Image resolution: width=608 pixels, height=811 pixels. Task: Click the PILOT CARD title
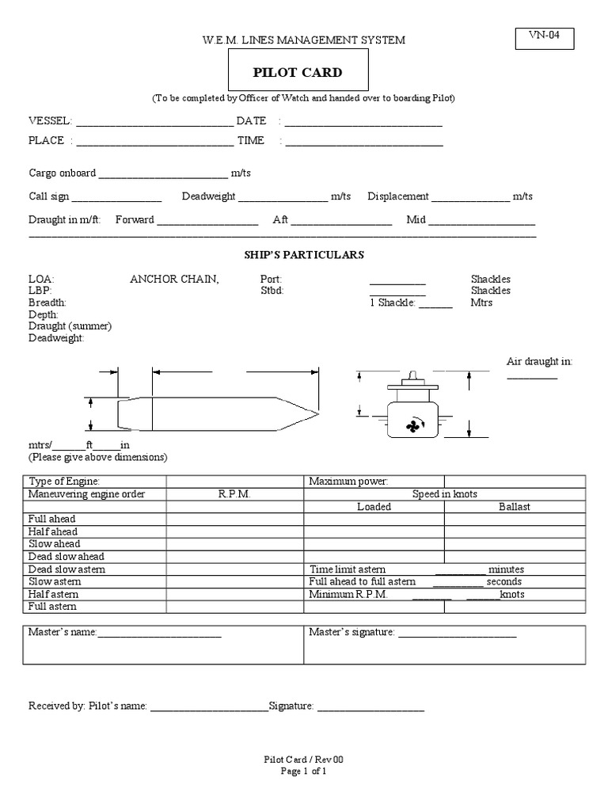coord(298,73)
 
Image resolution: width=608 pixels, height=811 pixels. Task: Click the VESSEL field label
coord(50,121)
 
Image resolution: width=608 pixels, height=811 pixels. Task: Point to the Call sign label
coord(49,196)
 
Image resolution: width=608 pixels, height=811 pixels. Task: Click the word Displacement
coord(397,196)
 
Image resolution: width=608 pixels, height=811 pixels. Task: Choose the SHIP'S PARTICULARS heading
coord(303,255)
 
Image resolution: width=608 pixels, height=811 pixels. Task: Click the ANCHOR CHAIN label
coord(174,279)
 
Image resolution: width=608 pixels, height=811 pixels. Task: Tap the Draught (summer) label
coord(70,326)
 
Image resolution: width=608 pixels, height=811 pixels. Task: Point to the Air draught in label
coord(538,361)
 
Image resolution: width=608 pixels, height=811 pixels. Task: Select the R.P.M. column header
coord(234,494)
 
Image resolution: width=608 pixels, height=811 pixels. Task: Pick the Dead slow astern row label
coord(66,569)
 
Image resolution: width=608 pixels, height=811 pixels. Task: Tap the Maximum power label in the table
coord(348,482)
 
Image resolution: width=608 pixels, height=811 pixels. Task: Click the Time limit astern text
coord(348,569)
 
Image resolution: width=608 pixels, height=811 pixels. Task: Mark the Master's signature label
coord(351,632)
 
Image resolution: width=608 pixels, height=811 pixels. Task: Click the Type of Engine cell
coord(64,482)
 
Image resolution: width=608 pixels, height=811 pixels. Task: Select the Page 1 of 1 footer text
coord(303,771)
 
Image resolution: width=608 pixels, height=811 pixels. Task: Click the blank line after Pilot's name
coord(209,706)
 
